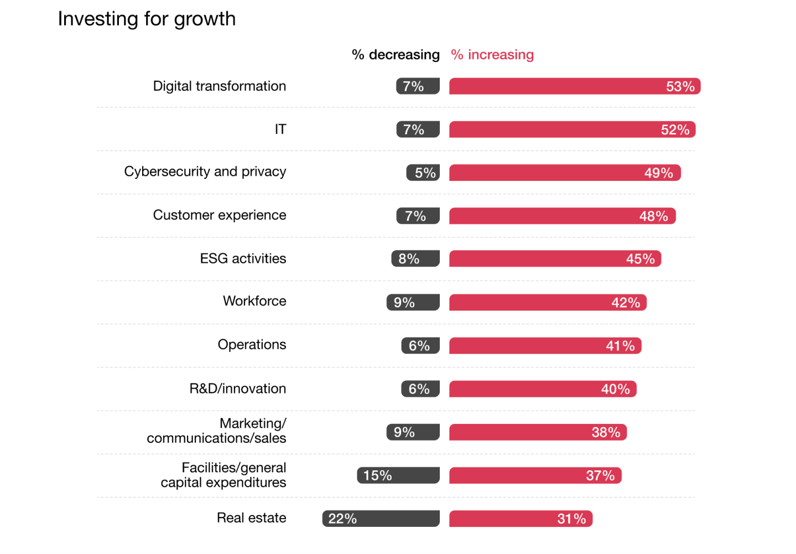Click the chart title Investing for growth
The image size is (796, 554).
click(147, 19)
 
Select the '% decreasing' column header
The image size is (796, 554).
click(396, 55)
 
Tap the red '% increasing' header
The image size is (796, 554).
click(492, 55)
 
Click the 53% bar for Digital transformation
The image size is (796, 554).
click(574, 86)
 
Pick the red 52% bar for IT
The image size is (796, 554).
click(572, 130)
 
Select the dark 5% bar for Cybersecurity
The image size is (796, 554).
click(423, 173)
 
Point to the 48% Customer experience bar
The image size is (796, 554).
click(562, 216)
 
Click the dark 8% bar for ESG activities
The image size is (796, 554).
click(415, 258)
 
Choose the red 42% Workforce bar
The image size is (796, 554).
click(548, 302)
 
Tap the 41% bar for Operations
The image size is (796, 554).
click(545, 346)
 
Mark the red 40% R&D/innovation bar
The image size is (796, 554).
click(543, 389)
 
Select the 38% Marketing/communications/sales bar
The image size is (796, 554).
click(538, 432)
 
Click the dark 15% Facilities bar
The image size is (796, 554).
click(398, 475)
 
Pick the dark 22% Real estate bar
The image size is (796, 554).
click(381, 519)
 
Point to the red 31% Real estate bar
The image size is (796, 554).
click(521, 519)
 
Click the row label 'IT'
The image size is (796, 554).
click(280, 130)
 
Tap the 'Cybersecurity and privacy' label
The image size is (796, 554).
click(205, 172)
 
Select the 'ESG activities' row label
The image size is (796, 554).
click(243, 258)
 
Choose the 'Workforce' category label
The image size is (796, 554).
click(254, 301)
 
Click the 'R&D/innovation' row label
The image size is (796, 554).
click(238, 389)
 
